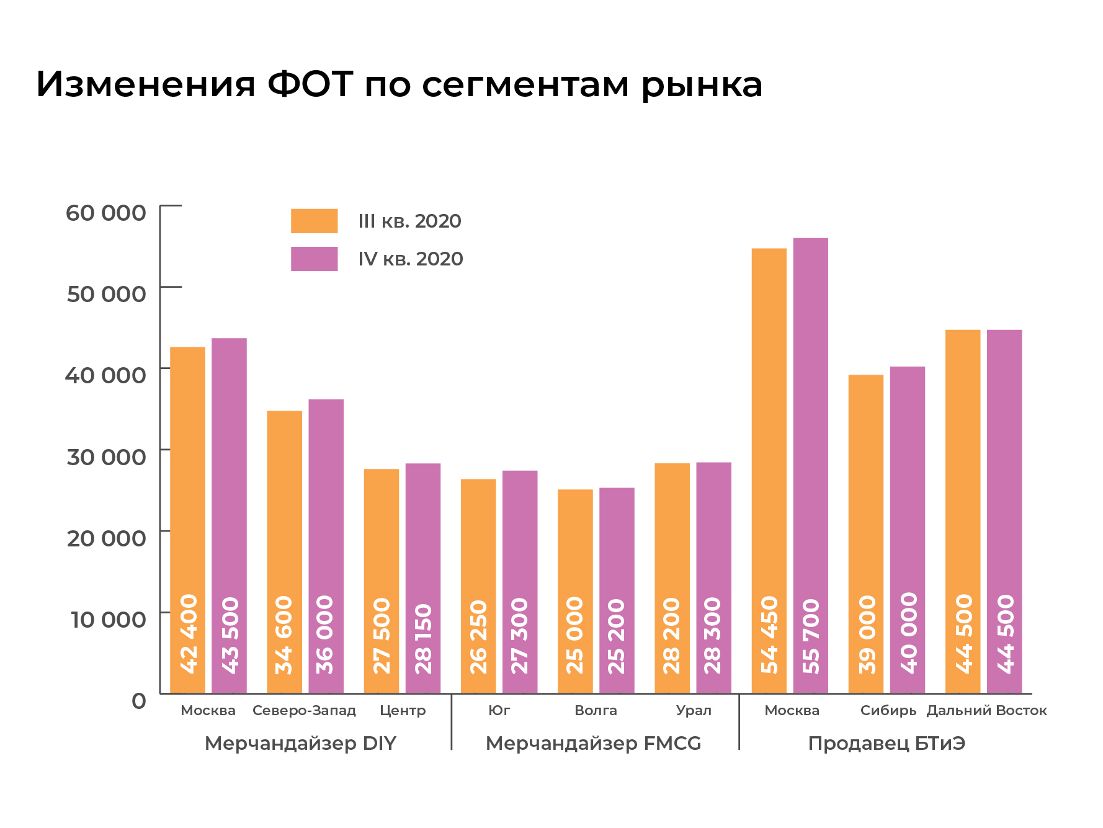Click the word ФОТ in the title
310,84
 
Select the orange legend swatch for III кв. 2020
314,221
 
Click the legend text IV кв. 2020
410,259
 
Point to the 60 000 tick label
106,213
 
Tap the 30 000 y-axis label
106,457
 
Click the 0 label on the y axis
139,701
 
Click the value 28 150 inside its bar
423,639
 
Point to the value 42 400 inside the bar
188,633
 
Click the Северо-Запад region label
304,711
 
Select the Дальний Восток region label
986,711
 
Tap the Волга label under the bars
596,711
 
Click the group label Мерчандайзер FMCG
593,743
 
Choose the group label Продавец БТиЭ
886,743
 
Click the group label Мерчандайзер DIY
300,743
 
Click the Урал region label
694,711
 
